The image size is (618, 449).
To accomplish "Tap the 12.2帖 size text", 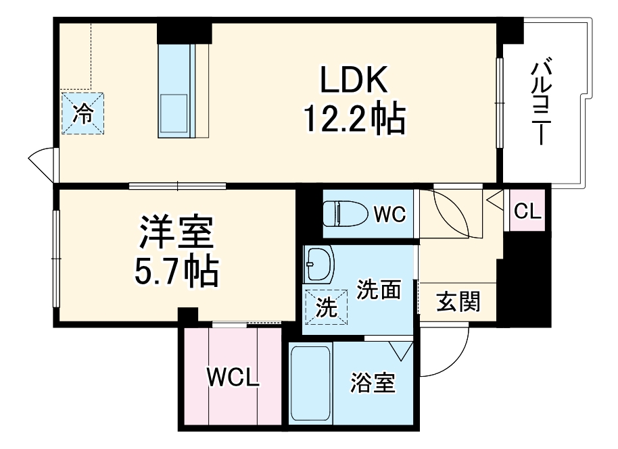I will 353,120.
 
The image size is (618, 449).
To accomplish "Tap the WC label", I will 389,215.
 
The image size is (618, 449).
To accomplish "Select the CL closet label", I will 527,211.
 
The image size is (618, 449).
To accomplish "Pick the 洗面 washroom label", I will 379,290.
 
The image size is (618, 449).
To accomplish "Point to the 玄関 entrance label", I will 458,302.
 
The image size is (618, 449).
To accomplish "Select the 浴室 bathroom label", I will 373,384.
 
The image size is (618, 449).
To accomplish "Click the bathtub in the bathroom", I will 310,383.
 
